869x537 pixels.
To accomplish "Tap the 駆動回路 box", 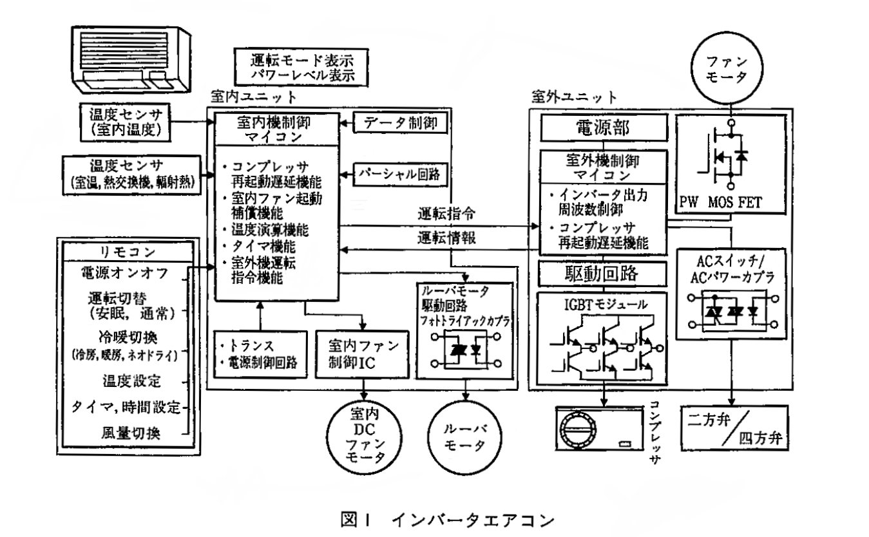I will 593,274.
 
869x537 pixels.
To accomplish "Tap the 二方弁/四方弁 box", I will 734,427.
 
